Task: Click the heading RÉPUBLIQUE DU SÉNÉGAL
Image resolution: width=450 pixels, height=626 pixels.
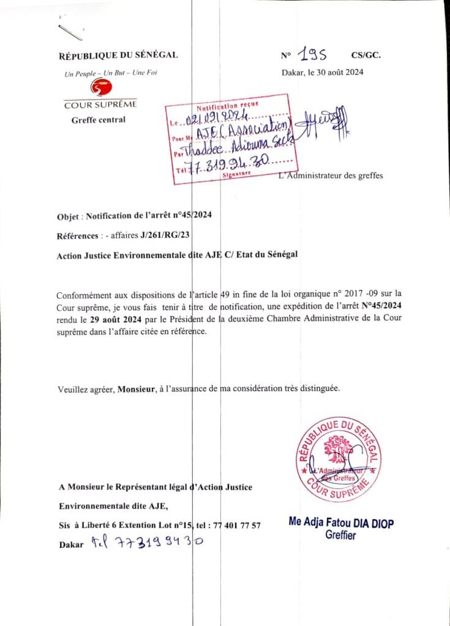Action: (118, 56)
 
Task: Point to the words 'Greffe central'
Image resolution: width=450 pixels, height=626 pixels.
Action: (99, 119)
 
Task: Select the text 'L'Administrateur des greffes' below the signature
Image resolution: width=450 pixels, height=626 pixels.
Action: (330, 176)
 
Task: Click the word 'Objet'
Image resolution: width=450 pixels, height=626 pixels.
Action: (67, 215)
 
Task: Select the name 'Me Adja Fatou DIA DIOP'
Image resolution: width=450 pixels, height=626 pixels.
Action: (341, 523)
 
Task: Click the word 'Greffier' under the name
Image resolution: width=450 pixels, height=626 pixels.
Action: (341, 536)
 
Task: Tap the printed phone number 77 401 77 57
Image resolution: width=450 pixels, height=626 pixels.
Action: (236, 525)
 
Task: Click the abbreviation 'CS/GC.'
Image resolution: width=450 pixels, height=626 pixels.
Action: (366, 56)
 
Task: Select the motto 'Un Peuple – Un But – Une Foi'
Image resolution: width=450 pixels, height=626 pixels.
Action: (111, 74)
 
